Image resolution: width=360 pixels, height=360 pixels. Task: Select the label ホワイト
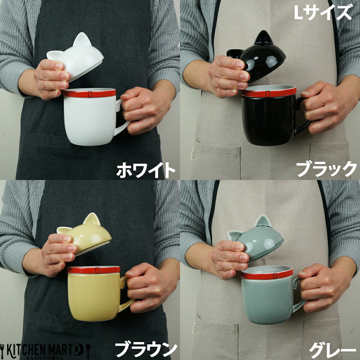coord(145,170)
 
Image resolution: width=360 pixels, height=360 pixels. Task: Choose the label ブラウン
coord(145,348)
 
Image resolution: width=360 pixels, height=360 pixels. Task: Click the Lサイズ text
coord(322,13)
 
